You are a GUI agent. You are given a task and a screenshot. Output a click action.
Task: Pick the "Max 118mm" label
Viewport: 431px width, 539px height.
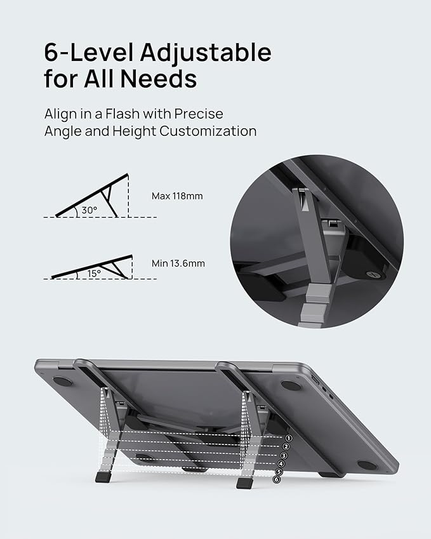[177, 196]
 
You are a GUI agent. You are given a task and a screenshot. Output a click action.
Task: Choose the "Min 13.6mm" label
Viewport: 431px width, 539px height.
[178, 263]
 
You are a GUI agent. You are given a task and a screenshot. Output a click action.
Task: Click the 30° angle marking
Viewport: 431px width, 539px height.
[89, 210]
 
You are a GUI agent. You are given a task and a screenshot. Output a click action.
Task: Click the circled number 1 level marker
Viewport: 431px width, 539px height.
[289, 438]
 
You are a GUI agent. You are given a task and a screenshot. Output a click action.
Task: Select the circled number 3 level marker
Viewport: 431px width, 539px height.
[285, 456]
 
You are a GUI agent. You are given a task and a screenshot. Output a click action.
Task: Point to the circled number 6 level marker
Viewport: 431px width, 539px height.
[277, 479]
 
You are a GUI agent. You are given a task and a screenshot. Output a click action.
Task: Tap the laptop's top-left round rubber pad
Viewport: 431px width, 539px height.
[63, 382]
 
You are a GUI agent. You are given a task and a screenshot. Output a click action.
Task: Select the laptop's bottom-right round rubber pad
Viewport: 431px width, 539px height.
[366, 465]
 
